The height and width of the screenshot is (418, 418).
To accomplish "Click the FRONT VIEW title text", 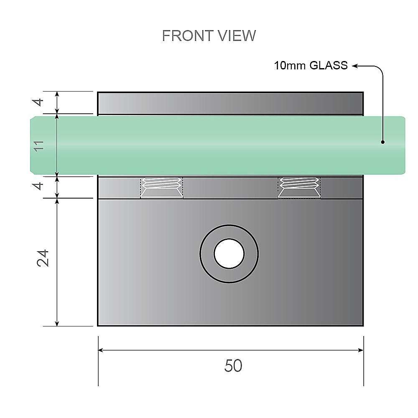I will point(209,36).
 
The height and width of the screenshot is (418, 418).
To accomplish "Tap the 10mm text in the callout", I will point(289,66).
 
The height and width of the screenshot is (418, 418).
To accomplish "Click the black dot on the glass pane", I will point(383,142).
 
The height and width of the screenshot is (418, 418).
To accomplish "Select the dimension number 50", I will point(233,366).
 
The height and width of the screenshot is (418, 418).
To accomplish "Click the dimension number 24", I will point(43,258).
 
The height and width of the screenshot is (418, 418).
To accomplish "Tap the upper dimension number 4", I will point(38,102).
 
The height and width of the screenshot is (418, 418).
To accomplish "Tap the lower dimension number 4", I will point(38,186).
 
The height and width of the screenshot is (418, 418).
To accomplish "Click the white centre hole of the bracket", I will point(229,254).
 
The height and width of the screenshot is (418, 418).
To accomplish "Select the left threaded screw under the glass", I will point(162,187).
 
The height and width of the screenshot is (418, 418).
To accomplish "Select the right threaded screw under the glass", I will point(299,187).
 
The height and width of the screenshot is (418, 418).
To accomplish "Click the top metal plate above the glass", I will point(230,103).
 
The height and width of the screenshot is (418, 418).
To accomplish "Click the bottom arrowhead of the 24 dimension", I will point(57,322).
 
